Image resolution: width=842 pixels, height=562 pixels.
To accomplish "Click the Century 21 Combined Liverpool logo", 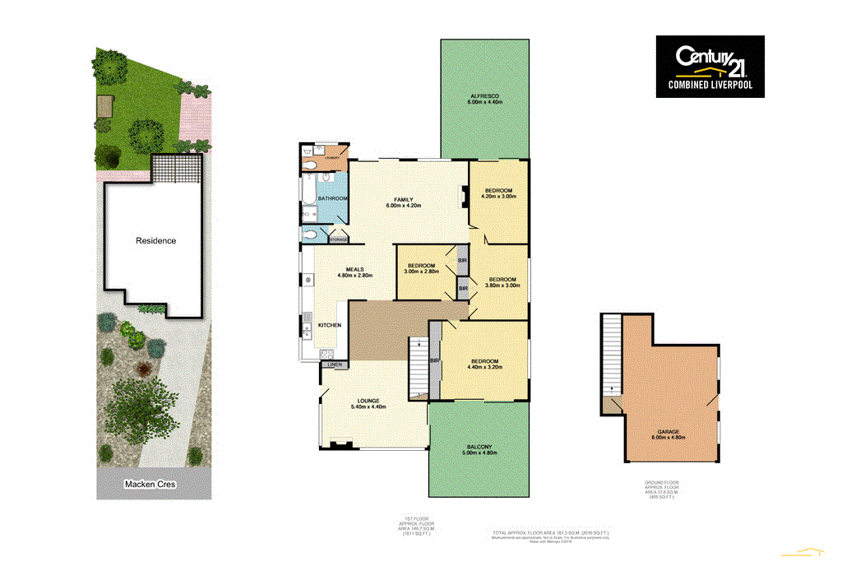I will coord(710,67).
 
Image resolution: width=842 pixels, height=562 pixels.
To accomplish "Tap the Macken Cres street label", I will coord(151,485).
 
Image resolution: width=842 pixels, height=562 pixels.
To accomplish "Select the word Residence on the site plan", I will coord(155,241).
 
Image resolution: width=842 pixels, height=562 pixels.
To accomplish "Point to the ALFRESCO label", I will coord(484,97).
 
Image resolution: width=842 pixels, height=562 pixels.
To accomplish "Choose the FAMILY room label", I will coord(403,200).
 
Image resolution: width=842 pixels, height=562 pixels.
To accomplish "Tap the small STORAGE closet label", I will coord(338,239).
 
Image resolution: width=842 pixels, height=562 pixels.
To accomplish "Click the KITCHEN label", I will coord(330,326).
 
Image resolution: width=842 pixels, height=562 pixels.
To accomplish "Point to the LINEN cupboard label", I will coord(334,364).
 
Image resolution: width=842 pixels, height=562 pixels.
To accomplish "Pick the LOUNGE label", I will coord(368,401).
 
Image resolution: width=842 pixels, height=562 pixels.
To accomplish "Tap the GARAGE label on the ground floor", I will coord(668,433).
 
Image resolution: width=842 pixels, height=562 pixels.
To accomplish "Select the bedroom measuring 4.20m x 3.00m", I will coord(498,191).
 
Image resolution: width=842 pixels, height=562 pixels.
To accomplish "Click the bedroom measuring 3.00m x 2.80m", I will coord(421,266).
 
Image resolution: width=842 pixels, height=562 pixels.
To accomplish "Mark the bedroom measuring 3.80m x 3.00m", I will coord(502,281).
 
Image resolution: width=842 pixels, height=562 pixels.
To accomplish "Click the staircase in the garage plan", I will coord(610,354).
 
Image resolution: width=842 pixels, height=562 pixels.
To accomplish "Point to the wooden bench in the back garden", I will coord(104,106).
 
